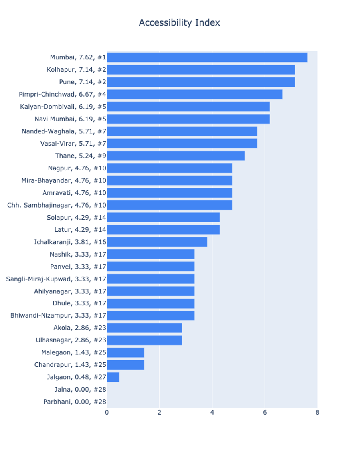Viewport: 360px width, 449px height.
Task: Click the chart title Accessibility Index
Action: [x=179, y=23]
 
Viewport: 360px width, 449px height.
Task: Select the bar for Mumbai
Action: [x=207, y=57]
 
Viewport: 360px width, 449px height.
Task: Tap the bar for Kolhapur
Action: [x=201, y=70]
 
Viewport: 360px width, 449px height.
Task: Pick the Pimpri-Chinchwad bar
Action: [x=194, y=94]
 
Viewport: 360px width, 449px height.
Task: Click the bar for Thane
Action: [x=176, y=156]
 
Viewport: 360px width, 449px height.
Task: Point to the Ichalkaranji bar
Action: [x=157, y=242]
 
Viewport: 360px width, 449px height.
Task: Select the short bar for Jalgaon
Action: [x=113, y=377]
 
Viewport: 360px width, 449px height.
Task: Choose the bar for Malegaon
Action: [x=125, y=352]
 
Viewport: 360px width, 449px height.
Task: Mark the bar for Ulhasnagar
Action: [x=144, y=340]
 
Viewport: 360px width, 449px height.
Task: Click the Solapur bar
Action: [x=163, y=217]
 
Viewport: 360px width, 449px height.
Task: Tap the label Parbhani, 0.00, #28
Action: [x=75, y=402]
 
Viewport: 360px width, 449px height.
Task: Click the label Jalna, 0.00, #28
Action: [x=80, y=390]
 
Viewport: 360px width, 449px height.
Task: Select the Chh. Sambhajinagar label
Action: [x=57, y=205]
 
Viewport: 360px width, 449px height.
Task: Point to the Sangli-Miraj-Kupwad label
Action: [x=56, y=279]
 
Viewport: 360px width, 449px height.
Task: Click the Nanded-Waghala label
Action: [x=64, y=131]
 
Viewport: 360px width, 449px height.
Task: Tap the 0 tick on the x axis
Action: [x=107, y=413]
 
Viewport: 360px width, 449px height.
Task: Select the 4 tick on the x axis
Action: [x=212, y=413]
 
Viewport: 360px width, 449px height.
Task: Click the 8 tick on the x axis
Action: [x=317, y=413]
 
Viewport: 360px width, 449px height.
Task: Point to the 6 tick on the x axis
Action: [x=265, y=413]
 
